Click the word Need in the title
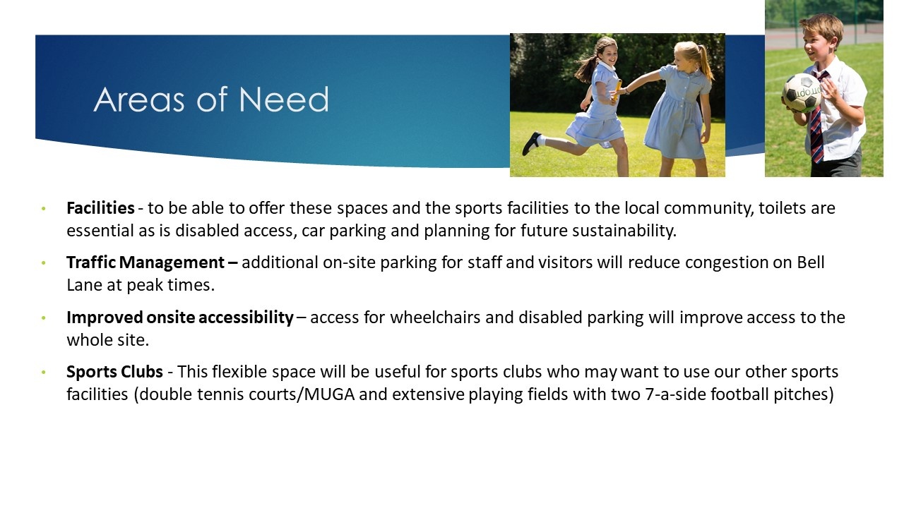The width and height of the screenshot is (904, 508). [284, 99]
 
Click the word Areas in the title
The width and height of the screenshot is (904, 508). [139, 99]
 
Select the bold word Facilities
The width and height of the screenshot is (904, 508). [100, 208]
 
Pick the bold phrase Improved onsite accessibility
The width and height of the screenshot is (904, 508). [180, 317]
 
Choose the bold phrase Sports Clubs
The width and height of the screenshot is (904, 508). [114, 372]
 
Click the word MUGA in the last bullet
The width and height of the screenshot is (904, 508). [329, 394]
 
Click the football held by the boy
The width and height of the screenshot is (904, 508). [802, 93]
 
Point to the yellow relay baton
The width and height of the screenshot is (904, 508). [617, 90]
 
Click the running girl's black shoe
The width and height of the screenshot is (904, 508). [532, 143]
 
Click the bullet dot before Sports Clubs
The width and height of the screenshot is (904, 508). [44, 372]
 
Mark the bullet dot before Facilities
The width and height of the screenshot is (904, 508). [44, 208]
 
